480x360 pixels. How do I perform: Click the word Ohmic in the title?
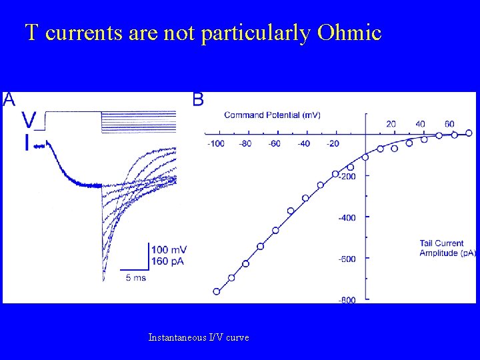pyautogui.click(x=349, y=33)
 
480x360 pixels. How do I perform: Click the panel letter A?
pyautogui.click(x=9, y=100)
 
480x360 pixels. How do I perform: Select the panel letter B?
pyautogui.click(x=198, y=100)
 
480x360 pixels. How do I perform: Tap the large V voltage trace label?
pyautogui.click(x=29, y=121)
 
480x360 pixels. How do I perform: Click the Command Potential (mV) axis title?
pyautogui.click(x=272, y=115)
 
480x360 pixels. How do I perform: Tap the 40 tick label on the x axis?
pyautogui.click(x=421, y=124)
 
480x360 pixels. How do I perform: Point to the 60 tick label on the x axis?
pyautogui.click(x=449, y=124)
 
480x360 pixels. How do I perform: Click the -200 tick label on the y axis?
pyautogui.click(x=346, y=177)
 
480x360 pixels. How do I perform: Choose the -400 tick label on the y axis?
pyautogui.click(x=346, y=218)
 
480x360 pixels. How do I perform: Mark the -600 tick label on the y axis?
pyautogui.click(x=346, y=259)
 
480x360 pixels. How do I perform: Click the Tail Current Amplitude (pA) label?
pyautogui.click(x=447, y=247)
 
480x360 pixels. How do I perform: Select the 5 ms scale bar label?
pyautogui.click(x=137, y=277)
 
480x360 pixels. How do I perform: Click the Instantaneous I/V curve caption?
pyautogui.click(x=199, y=338)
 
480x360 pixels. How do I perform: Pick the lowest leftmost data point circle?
pyautogui.click(x=216, y=291)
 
